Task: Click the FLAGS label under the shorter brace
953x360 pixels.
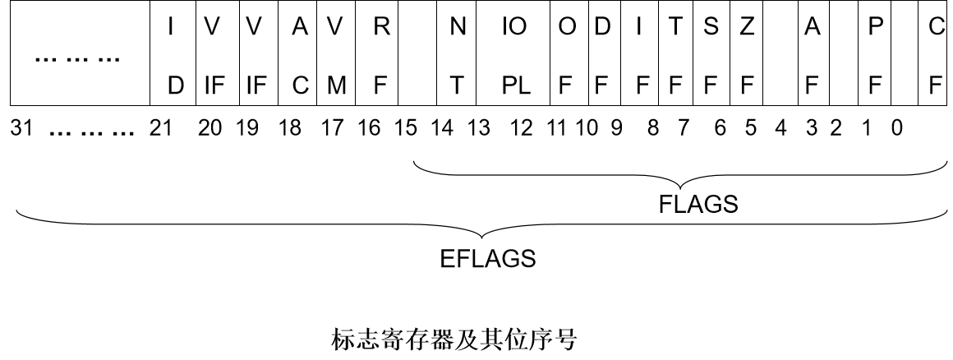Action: [x=698, y=205]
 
